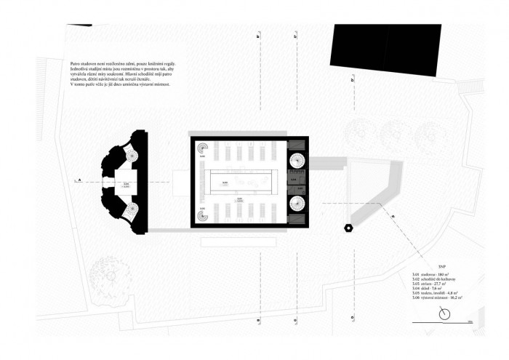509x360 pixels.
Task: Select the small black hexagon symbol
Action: tap(350, 228)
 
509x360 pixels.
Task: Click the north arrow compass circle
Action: tap(445, 314)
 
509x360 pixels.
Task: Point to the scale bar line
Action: tap(462, 320)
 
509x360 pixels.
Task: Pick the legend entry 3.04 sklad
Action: tap(427, 288)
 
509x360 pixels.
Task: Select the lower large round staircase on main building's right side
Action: tap(298, 204)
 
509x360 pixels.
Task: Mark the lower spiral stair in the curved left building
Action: tap(132, 210)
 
